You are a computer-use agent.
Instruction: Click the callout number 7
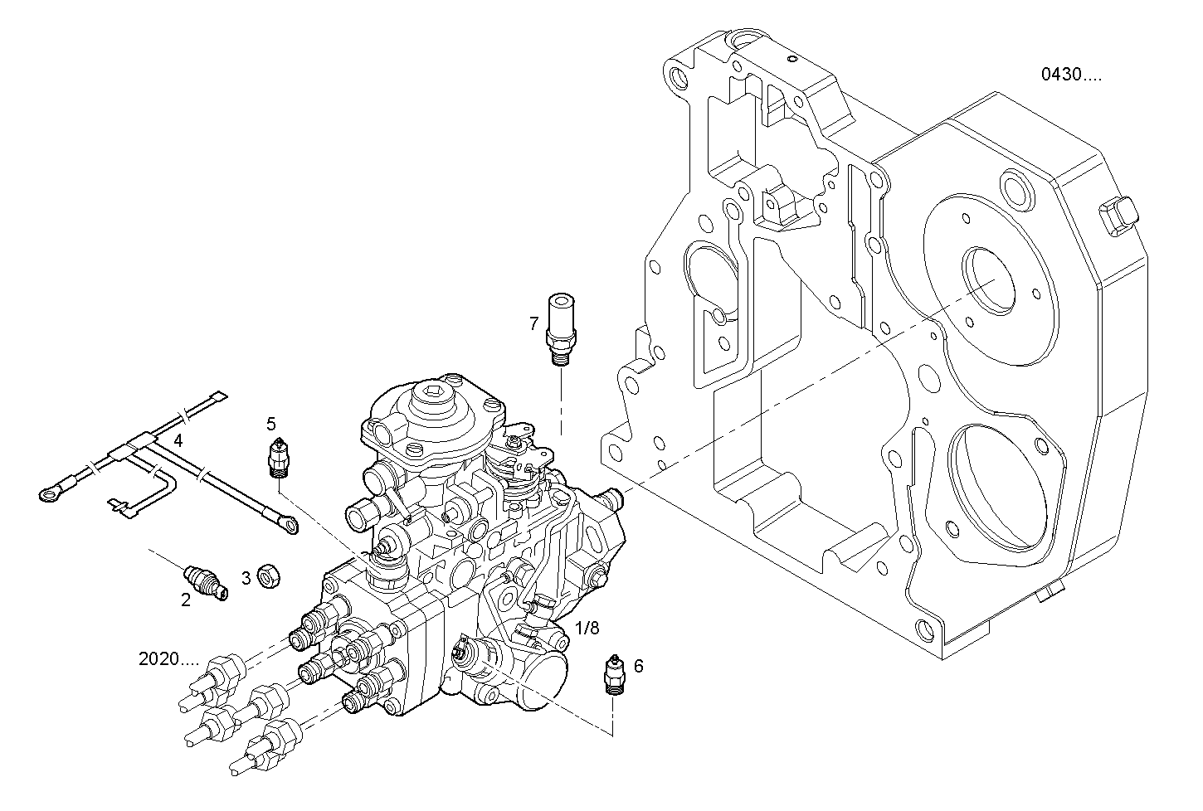534,323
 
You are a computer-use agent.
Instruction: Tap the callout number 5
271,424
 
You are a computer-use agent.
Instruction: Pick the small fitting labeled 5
280,458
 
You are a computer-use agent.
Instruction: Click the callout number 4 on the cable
178,439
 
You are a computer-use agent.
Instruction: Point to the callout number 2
186,600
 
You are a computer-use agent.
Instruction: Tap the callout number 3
246,577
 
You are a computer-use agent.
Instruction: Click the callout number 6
638,665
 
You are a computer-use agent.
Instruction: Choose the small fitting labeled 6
613,674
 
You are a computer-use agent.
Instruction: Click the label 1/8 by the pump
587,628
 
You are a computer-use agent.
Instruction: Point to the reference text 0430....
1072,75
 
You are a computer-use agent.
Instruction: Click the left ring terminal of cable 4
49,495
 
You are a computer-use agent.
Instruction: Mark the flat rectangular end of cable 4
217,399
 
